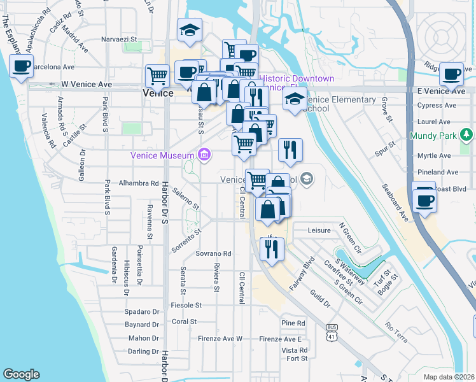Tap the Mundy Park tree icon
468,134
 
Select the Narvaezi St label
121,39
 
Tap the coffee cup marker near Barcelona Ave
21,66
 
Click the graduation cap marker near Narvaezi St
189,31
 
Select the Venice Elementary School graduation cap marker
294,100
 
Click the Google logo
21,374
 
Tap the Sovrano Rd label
213,253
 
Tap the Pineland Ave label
438,172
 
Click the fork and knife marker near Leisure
272,248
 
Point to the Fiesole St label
182,306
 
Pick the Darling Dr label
143,351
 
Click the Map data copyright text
449,375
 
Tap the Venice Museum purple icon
203,154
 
